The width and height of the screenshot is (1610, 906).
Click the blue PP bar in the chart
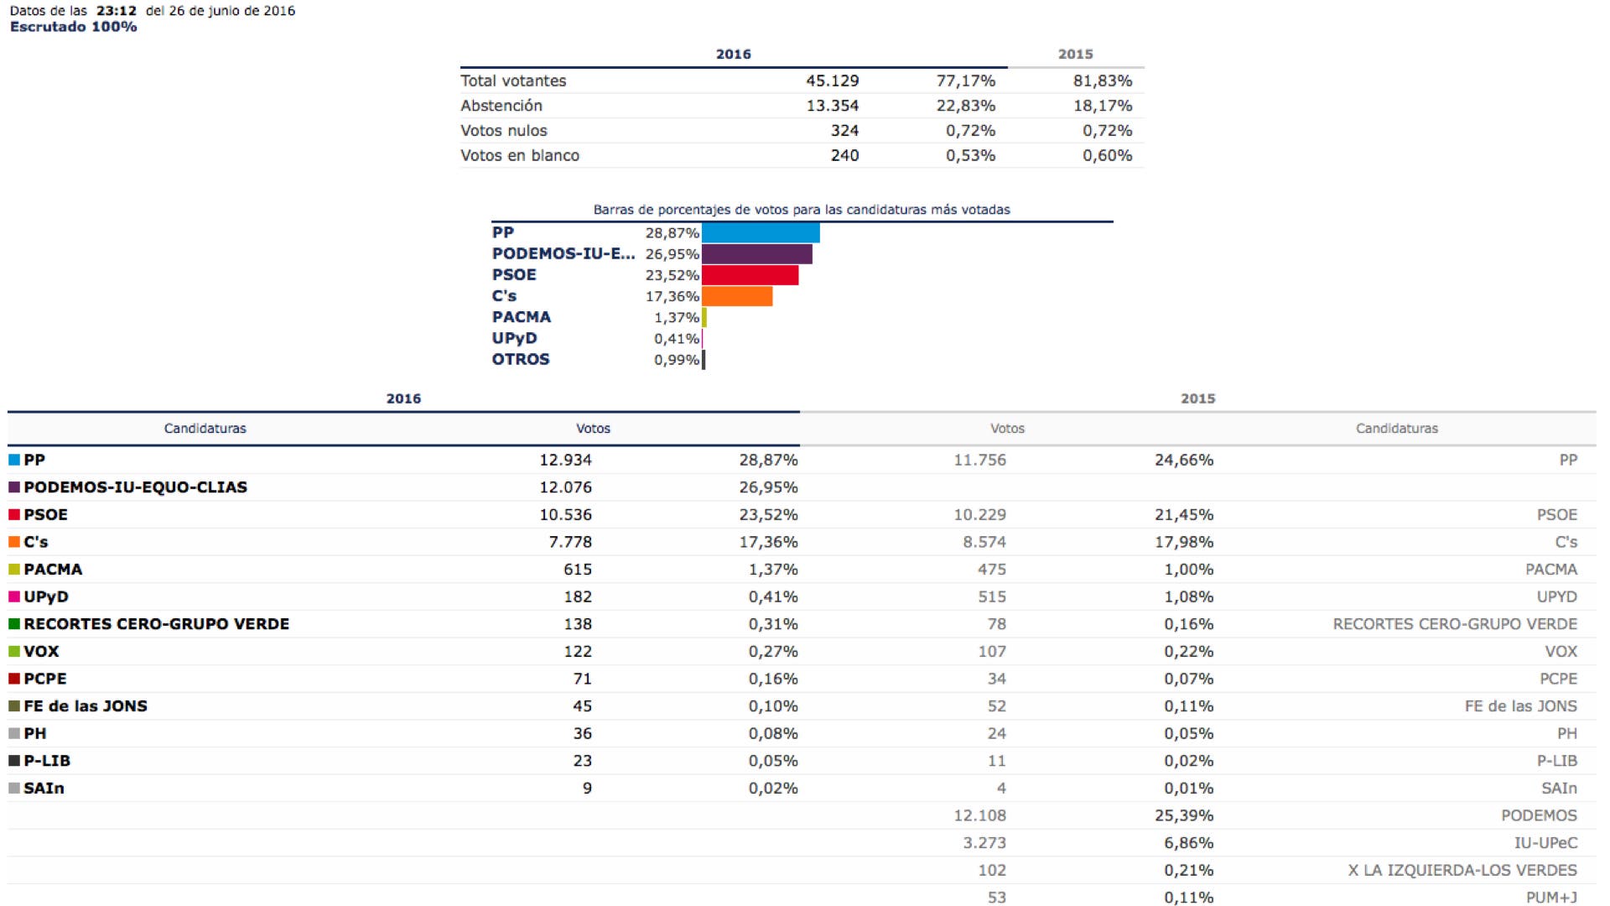[761, 232]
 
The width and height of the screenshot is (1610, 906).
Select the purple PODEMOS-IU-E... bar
[756, 253]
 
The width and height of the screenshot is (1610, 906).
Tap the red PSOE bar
[750, 274]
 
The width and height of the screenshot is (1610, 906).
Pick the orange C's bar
[737, 296]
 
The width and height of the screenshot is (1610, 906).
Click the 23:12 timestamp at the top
[117, 11]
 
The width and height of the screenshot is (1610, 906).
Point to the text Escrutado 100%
[73, 27]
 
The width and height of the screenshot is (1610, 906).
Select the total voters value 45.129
[832, 81]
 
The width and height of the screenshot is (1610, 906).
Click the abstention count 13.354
[832, 106]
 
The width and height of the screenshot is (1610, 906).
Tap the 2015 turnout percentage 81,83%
[1103, 81]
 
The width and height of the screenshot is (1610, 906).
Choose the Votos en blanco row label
[520, 155]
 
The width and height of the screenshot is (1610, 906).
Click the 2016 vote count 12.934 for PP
[565, 460]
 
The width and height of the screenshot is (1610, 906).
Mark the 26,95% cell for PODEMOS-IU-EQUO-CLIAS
[768, 487]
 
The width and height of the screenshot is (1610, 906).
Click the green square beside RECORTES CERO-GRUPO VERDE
[14, 624]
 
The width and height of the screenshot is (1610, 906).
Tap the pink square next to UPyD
[14, 596]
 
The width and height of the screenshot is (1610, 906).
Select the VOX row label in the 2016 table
[41, 652]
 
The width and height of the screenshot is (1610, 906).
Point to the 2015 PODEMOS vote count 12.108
[979, 815]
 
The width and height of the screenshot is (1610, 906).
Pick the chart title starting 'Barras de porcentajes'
[802, 210]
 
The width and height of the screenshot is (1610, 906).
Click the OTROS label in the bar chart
[521, 359]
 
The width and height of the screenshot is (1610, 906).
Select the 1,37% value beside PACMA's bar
[677, 317]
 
